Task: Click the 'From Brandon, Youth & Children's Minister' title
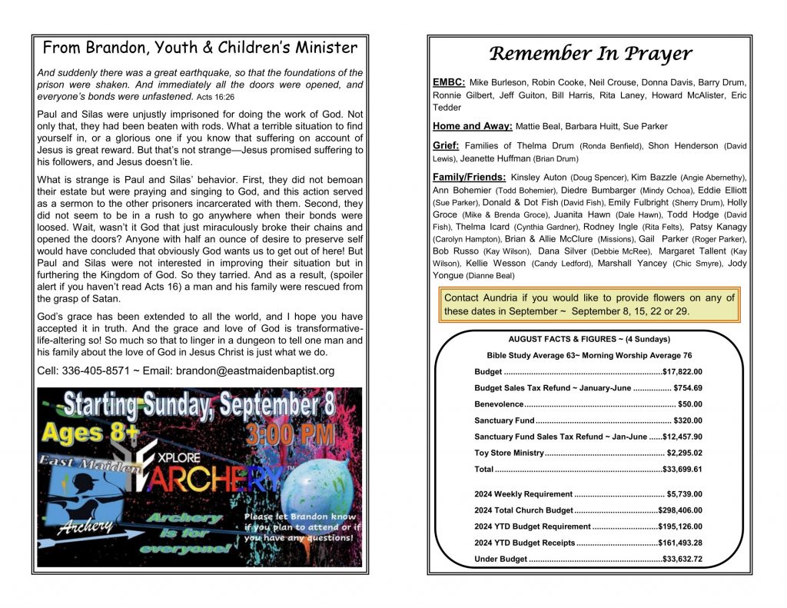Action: coord(200,48)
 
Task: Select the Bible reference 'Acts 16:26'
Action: coord(215,97)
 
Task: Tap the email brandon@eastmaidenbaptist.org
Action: coord(255,371)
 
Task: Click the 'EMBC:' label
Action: coord(448,81)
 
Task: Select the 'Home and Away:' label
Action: coord(469,126)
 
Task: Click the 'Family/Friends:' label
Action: coord(469,178)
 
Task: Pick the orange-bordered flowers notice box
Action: coord(589,304)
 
